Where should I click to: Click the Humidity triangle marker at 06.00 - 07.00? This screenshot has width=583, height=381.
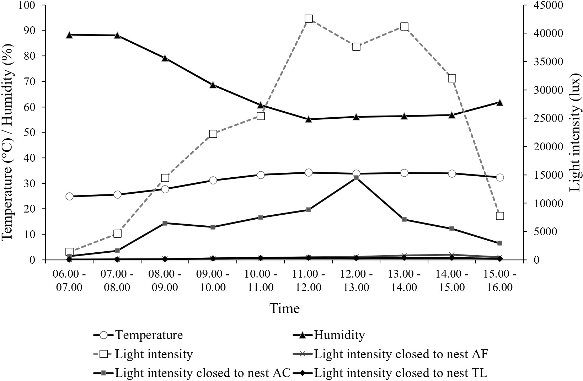click(x=69, y=35)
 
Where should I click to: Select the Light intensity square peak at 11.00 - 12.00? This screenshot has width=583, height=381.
click(x=309, y=19)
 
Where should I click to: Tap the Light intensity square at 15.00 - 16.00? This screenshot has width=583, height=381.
click(x=500, y=216)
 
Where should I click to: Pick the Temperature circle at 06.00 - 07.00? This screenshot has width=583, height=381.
click(x=69, y=197)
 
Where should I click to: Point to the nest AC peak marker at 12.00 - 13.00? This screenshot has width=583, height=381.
click(x=356, y=178)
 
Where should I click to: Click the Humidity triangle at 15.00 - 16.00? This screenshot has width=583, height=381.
click(x=500, y=102)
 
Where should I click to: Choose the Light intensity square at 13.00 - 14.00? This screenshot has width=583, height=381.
click(x=404, y=27)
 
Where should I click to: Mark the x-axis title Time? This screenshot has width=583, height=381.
click(x=284, y=308)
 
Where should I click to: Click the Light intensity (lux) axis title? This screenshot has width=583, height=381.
click(x=575, y=133)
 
